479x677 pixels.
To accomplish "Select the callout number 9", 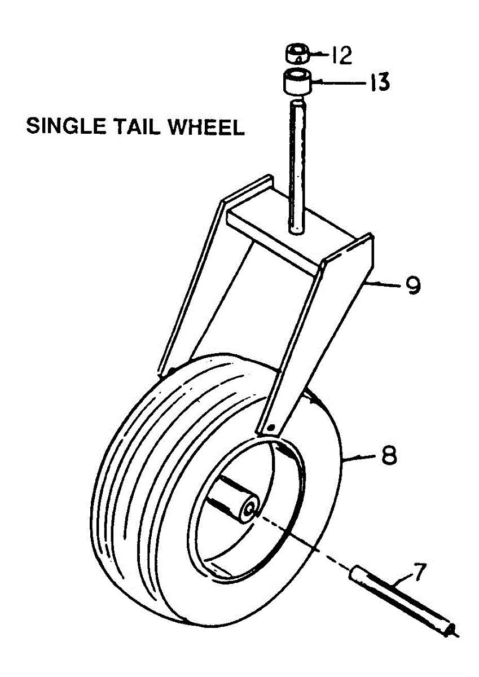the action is point(412,285).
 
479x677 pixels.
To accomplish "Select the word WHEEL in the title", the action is point(208,127).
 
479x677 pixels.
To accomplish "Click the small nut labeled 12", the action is point(297,54).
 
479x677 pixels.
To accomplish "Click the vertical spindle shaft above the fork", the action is point(297,164).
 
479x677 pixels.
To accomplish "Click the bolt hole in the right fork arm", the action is point(271,424).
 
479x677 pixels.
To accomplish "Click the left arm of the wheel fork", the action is point(186,282).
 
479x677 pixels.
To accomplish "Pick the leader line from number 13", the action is point(339,83).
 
